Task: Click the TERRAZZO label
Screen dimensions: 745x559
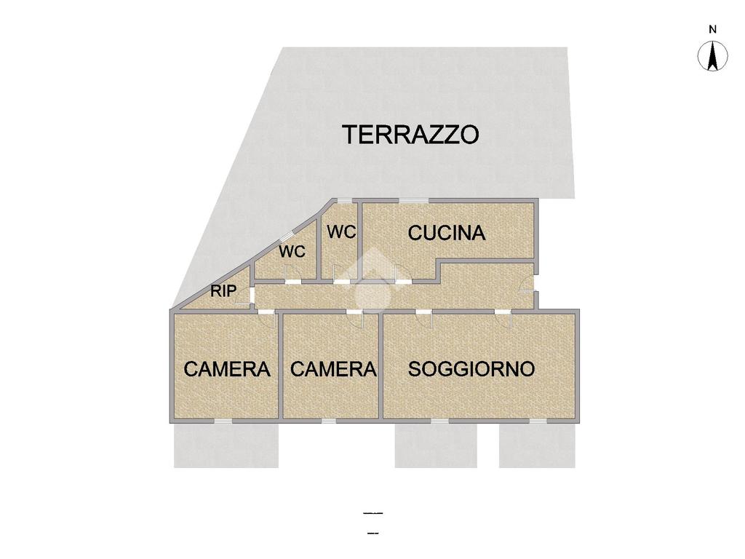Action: tap(410, 134)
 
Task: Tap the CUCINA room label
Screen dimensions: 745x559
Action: tap(447, 233)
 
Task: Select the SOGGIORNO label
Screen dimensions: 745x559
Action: tap(471, 369)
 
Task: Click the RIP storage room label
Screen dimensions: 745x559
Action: tap(223, 290)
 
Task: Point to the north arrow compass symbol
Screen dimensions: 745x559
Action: tap(712, 56)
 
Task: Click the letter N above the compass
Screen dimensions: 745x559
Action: tap(712, 29)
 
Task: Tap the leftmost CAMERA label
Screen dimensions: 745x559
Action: tap(227, 369)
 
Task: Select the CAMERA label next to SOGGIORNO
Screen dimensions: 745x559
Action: tap(333, 369)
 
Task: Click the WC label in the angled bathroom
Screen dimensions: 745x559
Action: tap(292, 251)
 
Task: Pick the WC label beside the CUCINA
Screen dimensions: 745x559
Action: tap(342, 232)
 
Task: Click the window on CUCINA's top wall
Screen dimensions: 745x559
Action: tap(413, 201)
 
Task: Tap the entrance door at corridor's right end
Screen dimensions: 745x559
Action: tap(528, 285)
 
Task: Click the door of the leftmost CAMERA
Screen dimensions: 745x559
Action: tap(266, 319)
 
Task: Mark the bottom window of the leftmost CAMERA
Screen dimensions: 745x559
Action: tap(223, 421)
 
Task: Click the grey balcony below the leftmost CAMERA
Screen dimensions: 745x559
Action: tap(226, 445)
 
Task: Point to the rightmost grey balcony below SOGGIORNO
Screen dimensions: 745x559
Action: tap(537, 445)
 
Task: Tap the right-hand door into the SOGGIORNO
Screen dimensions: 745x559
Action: tap(503, 319)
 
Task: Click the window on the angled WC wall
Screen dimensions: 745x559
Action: tap(287, 236)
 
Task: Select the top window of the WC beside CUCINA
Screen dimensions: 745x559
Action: tap(345, 201)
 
